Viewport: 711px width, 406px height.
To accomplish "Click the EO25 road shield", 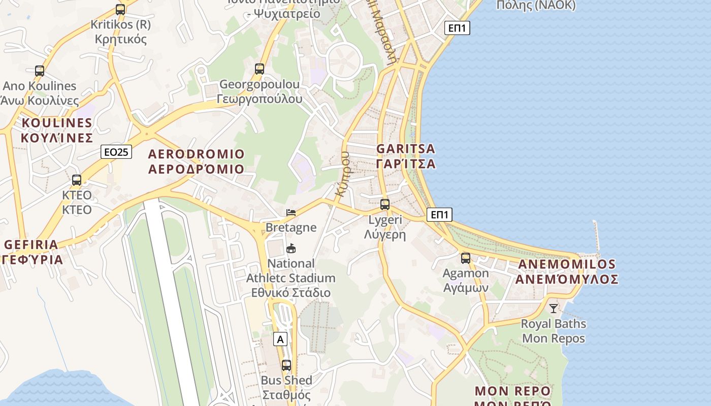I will [116, 152].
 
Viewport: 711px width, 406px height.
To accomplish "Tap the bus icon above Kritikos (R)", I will [120, 9].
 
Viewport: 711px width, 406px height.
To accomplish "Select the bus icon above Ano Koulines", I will [40, 71].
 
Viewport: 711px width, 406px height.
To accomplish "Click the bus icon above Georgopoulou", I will [260, 69].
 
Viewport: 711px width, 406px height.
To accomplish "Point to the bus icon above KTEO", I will [77, 180].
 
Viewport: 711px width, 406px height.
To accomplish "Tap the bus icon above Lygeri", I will [385, 205].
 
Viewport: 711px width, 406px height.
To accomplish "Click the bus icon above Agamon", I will [466, 258].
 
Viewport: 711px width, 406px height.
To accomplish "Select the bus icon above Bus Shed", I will [286, 365].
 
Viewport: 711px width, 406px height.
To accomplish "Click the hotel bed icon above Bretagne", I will [291, 212].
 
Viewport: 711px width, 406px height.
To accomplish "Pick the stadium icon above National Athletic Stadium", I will [291, 248].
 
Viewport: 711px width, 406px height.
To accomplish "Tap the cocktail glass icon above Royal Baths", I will [554, 308].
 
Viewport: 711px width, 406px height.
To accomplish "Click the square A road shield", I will [280, 339].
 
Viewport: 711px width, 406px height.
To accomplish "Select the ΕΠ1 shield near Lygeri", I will [439, 215].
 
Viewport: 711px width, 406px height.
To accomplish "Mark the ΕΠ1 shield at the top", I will [457, 28].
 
